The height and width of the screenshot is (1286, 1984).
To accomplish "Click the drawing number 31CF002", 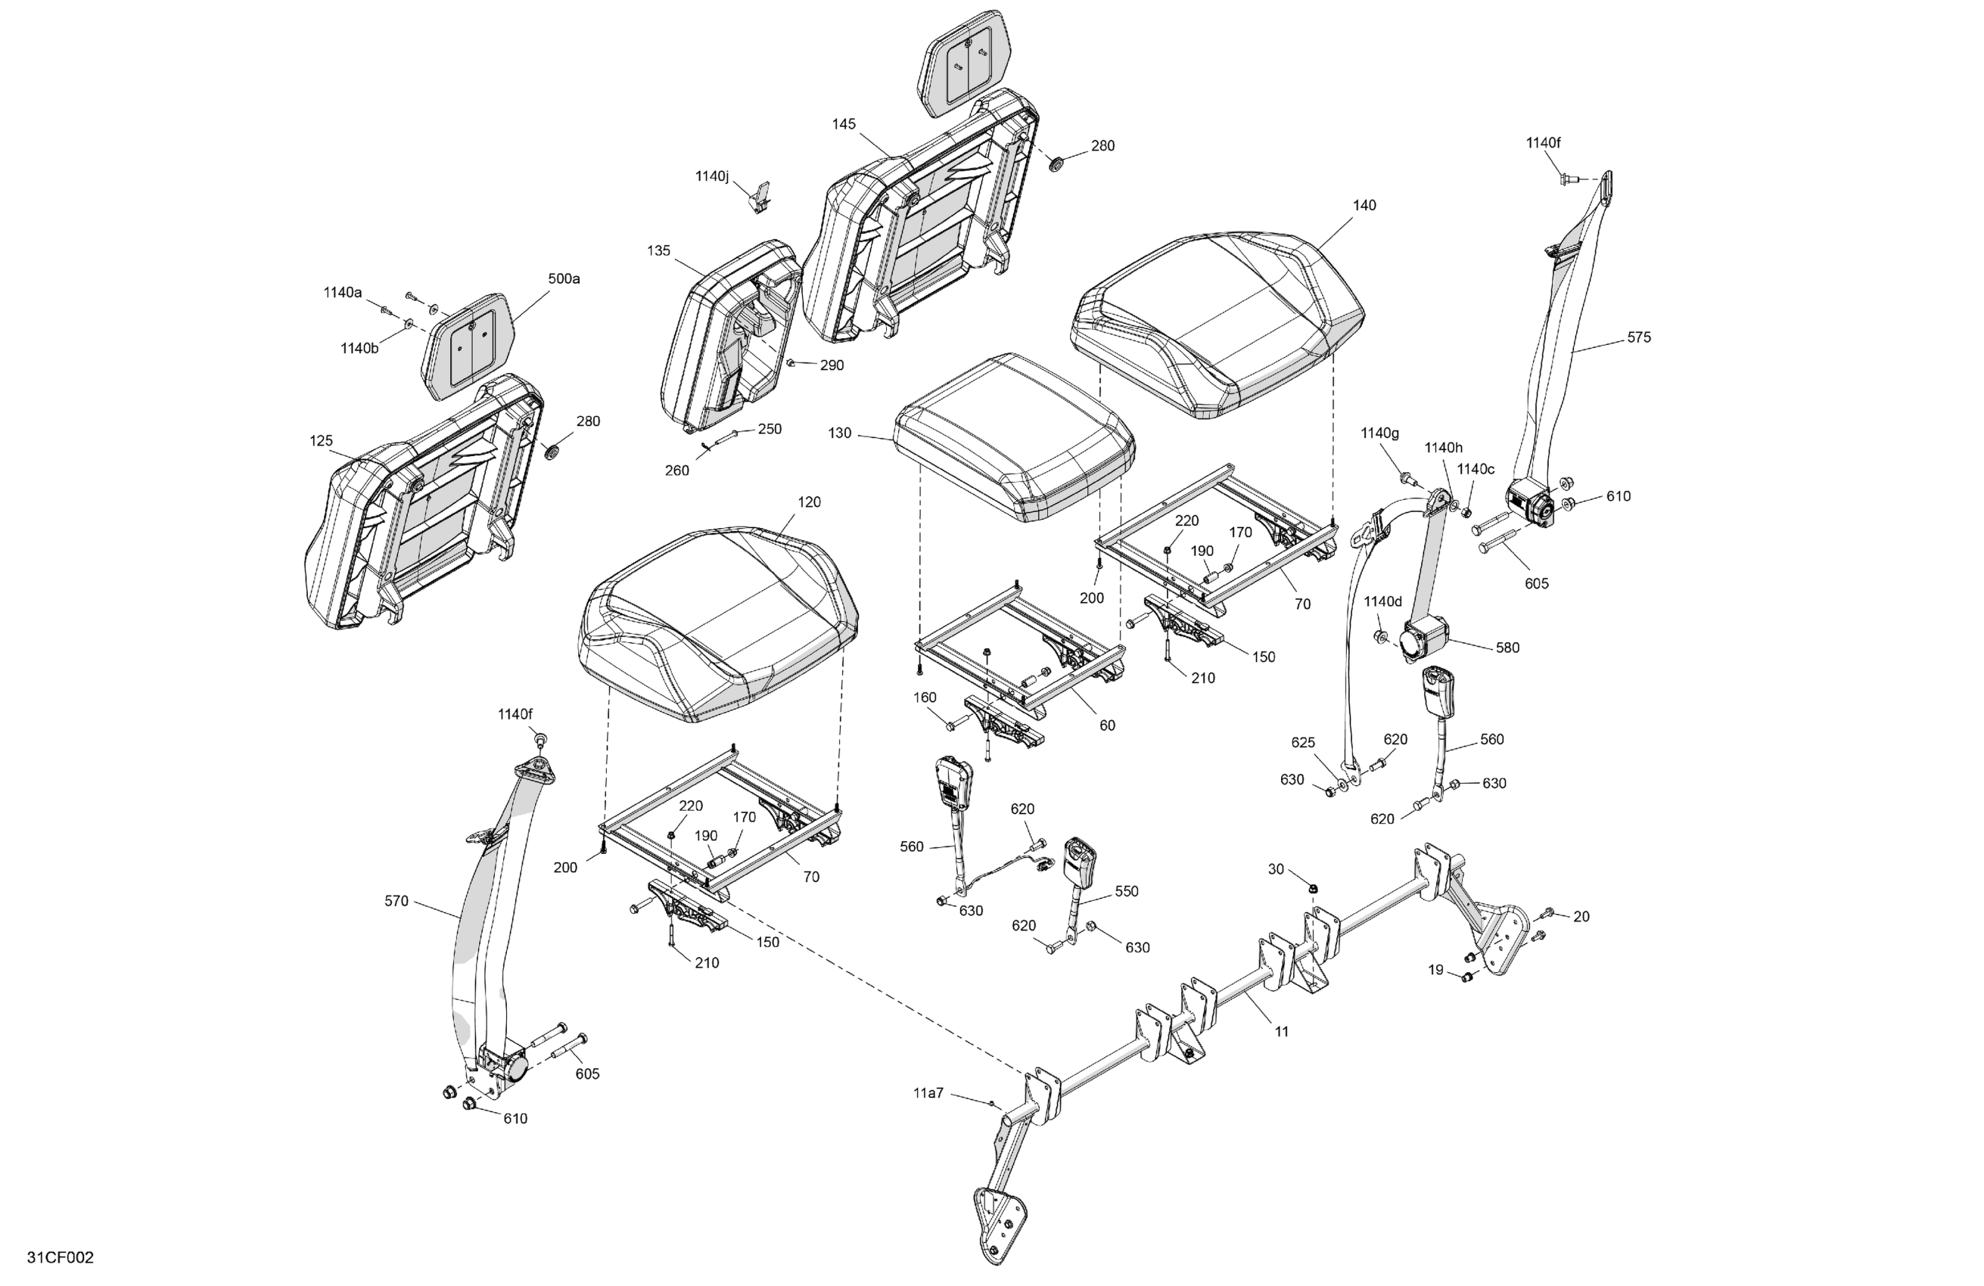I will point(60,1258).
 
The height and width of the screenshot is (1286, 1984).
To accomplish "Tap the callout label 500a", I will point(564,279).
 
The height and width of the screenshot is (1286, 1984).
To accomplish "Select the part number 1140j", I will point(712,177).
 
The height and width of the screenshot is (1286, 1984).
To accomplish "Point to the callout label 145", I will point(843,124).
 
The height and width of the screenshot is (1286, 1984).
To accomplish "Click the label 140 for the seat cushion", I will point(1364,205).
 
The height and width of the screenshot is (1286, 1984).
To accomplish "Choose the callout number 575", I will point(1638,337).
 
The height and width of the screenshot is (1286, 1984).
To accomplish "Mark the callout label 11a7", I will point(928,1092).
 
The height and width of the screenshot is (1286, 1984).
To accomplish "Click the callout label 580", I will point(1507,648).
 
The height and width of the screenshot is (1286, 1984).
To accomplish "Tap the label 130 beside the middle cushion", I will point(839,433).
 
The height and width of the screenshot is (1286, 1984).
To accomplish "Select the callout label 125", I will point(321,441).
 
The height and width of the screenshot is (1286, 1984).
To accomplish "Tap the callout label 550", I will point(1126,891).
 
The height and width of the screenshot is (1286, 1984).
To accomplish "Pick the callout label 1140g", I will point(1379,433).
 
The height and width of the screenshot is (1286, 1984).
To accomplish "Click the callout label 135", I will point(658,251).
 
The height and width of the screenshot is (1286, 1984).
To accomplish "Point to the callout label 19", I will point(1435,970).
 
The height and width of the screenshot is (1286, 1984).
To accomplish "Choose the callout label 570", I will point(396,901).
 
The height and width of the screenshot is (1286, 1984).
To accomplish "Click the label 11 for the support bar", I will point(1281,1032).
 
